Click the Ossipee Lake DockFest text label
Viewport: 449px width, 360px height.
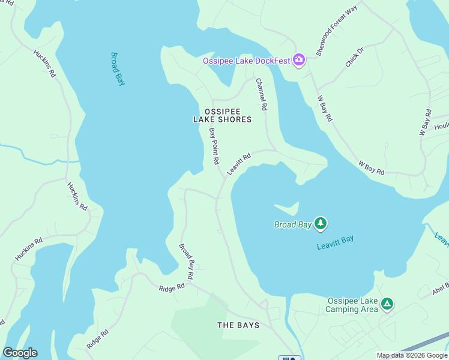click(x=246, y=60)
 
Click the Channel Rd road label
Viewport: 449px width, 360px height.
click(x=261, y=95)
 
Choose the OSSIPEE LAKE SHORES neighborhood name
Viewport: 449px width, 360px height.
click(x=222, y=115)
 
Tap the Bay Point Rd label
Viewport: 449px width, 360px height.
click(x=214, y=146)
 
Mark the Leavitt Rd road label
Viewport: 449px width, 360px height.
click(x=238, y=164)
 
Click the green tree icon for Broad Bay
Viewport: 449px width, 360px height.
click(x=321, y=224)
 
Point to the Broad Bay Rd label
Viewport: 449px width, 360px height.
click(x=186, y=261)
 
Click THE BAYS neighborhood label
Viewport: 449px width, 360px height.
click(x=238, y=325)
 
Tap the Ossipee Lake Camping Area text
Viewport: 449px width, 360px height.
click(x=352, y=305)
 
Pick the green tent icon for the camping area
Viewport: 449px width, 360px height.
click(x=388, y=304)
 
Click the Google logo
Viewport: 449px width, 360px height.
click(x=20, y=353)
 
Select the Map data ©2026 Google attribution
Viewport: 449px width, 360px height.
click(x=412, y=355)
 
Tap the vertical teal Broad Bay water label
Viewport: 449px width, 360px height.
click(x=118, y=68)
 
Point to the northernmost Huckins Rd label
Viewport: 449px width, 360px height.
click(x=44, y=64)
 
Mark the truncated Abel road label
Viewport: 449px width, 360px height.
click(x=439, y=290)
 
